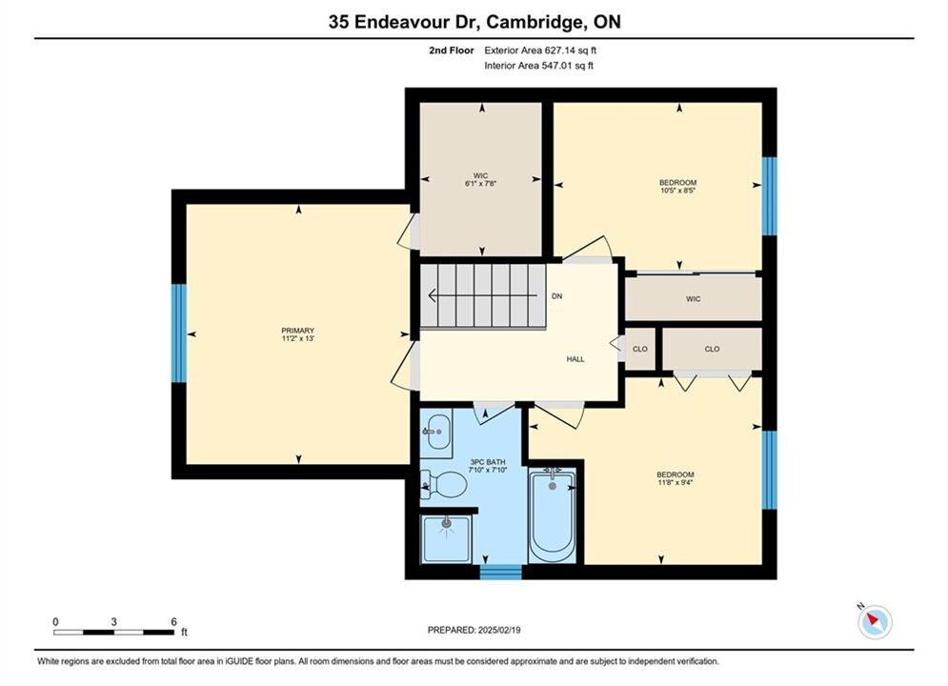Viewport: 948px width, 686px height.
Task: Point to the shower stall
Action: pyautogui.click(x=446, y=539)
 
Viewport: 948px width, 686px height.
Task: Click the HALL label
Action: pyautogui.click(x=575, y=359)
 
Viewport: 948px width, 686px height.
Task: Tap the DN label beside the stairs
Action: pyautogui.click(x=556, y=296)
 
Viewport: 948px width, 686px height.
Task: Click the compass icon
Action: pyautogui.click(x=875, y=621)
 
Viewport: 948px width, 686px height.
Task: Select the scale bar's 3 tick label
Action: pyautogui.click(x=113, y=621)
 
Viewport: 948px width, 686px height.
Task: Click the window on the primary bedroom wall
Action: pyautogui.click(x=179, y=333)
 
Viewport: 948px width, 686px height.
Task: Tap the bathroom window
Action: pyautogui.click(x=500, y=572)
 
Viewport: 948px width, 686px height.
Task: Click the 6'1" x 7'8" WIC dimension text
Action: pyautogui.click(x=480, y=183)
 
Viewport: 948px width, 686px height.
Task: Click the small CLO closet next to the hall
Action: pyautogui.click(x=639, y=349)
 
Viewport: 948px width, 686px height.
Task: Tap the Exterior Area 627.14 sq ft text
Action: pyautogui.click(x=540, y=50)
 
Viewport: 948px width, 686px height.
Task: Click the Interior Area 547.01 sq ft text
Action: pyautogui.click(x=538, y=66)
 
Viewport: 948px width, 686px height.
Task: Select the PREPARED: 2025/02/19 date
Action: pyautogui.click(x=474, y=630)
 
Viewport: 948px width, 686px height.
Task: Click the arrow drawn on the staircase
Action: pyautogui.click(x=483, y=295)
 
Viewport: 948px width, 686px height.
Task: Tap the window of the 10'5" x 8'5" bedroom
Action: pyautogui.click(x=769, y=196)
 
